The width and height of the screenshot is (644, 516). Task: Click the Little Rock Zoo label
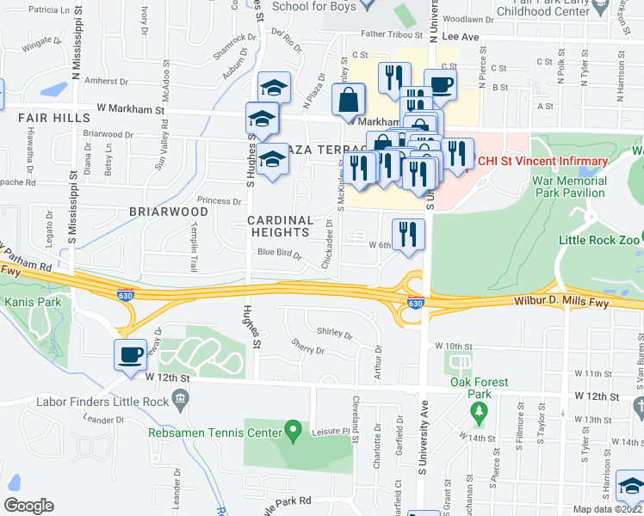(x=599, y=240)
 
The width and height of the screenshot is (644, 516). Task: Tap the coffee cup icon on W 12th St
(x=131, y=354)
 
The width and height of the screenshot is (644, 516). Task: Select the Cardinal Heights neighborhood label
(x=281, y=226)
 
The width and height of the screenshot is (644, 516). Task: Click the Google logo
(x=29, y=506)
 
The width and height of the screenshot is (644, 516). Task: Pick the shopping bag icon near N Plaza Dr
(x=349, y=101)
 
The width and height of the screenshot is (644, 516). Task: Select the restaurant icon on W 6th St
(x=407, y=234)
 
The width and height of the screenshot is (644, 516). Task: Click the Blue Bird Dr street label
(x=277, y=252)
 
